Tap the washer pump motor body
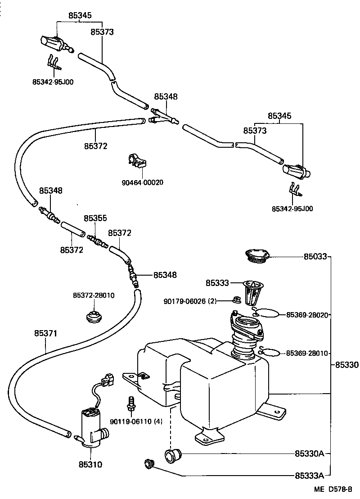pos(90,428)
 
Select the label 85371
pos(46,334)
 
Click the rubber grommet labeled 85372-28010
pos(93,316)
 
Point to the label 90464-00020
pos(143,182)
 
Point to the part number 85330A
pos(310,453)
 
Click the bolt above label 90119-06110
pos(131,402)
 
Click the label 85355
pos(95,218)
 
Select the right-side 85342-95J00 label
pos(292,209)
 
